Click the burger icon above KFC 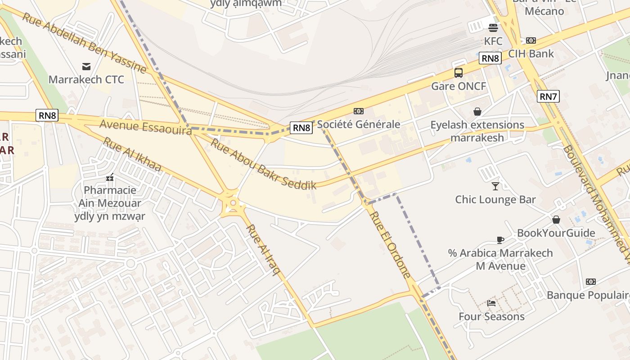(x=493, y=27)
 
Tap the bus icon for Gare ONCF (x=459, y=72)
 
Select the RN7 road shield (x=548, y=96)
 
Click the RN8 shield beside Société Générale (x=301, y=128)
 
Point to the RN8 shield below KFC (x=490, y=58)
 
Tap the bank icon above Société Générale (x=359, y=111)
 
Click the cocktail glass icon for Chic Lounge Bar (x=495, y=186)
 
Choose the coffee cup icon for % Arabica (x=500, y=239)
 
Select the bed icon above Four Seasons (x=491, y=303)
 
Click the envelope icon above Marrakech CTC (x=86, y=67)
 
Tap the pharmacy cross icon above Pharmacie (x=110, y=177)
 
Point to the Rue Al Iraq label (x=263, y=250)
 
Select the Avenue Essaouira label (x=145, y=126)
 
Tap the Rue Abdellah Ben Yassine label (x=84, y=43)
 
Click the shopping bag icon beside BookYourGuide (x=556, y=220)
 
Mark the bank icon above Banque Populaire (x=591, y=282)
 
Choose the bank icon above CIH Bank (x=531, y=40)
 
